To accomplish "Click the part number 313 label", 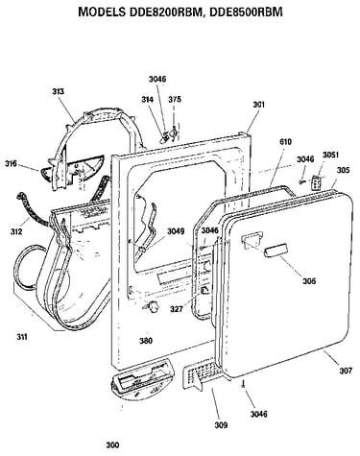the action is (58, 91).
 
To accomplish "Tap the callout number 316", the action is (11, 164).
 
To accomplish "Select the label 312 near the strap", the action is (16, 231).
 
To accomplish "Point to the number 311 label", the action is (22, 337).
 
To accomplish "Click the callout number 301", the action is (259, 105).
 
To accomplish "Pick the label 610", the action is (285, 141).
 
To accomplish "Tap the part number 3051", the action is (330, 155).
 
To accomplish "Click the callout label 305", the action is (343, 170).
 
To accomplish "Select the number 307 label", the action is (346, 371).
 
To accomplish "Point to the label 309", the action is (221, 425).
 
